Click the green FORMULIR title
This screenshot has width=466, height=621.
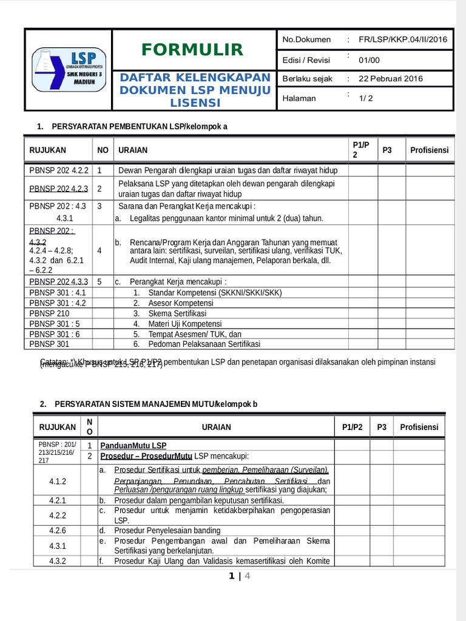(192, 50)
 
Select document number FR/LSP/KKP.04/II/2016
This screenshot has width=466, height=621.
(402, 39)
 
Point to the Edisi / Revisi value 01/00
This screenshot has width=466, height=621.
(368, 60)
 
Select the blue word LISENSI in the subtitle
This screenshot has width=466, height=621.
(195, 103)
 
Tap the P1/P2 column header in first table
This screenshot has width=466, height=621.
(360, 150)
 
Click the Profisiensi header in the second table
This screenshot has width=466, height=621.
(419, 427)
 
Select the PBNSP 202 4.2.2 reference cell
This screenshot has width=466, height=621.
(59, 170)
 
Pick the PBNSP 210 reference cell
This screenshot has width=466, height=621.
(50, 314)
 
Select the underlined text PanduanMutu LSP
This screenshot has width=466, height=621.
(133, 445)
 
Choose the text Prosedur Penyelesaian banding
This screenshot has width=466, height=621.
(167, 530)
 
